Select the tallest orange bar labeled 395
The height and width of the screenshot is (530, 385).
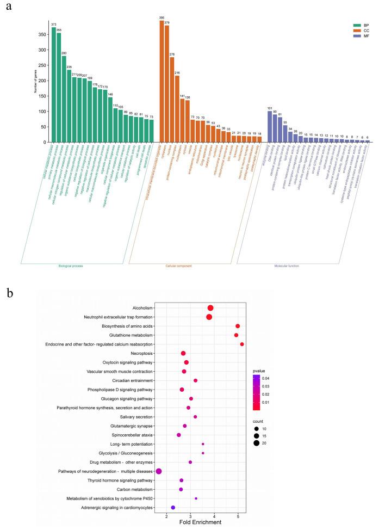point(162,81)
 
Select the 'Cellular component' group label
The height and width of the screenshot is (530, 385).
point(182,266)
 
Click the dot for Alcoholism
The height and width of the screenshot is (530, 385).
point(210,308)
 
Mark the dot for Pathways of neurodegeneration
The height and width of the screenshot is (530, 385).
point(159,471)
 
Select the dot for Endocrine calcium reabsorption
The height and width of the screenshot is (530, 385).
point(242,344)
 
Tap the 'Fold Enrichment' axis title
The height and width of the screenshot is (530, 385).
point(200,522)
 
